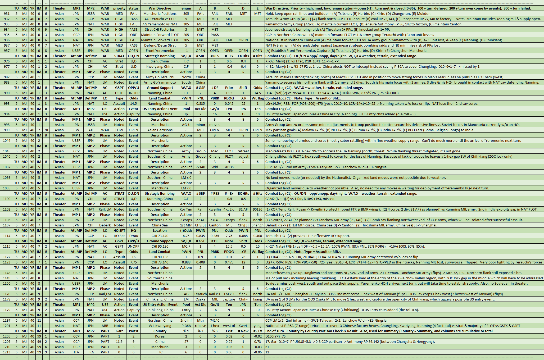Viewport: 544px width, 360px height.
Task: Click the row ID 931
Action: (7, 14)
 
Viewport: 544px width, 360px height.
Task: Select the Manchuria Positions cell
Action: (160, 14)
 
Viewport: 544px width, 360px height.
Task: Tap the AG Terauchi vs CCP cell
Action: (160, 19)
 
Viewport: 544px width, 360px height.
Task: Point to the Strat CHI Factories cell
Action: (160, 30)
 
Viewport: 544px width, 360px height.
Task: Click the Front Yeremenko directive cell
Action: (160, 51)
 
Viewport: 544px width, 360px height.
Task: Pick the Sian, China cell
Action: (160, 61)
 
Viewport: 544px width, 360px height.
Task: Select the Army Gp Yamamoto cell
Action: (160, 83)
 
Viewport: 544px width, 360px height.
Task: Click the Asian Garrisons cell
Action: (160, 130)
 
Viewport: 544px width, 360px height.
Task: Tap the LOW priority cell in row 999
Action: (119, 130)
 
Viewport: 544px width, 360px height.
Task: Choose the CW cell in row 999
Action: (76, 130)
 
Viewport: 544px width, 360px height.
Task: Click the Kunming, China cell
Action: (160, 199)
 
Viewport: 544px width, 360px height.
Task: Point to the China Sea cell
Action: (160, 225)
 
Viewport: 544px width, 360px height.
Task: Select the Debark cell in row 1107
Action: (105, 225)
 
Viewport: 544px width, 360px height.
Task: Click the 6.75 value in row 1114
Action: (186, 236)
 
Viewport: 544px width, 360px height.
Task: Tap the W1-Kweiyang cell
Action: (160, 326)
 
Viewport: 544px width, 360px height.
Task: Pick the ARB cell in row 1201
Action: (105, 326)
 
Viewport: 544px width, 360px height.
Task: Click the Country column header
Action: (160, 331)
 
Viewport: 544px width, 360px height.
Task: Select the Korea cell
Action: (160, 336)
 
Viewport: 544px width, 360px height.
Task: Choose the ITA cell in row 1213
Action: (76, 352)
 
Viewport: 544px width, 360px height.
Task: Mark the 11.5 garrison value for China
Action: (119, 342)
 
